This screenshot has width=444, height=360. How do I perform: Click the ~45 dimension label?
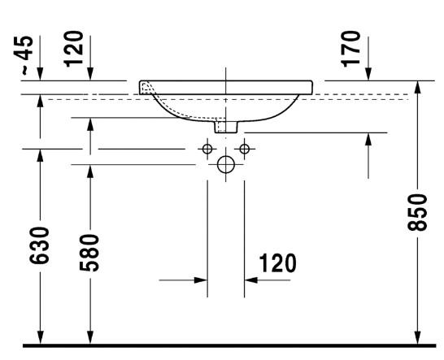tap(28, 56)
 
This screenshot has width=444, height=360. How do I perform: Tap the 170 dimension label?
tap(351, 48)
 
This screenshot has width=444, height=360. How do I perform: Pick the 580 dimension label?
tap(89, 253)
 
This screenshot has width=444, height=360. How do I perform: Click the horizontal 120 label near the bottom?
tap(277, 264)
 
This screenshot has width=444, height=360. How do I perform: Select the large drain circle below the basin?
tap(226, 165)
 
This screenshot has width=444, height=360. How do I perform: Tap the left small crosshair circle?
tap(208, 149)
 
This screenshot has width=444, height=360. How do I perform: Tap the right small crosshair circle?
tap(243, 149)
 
